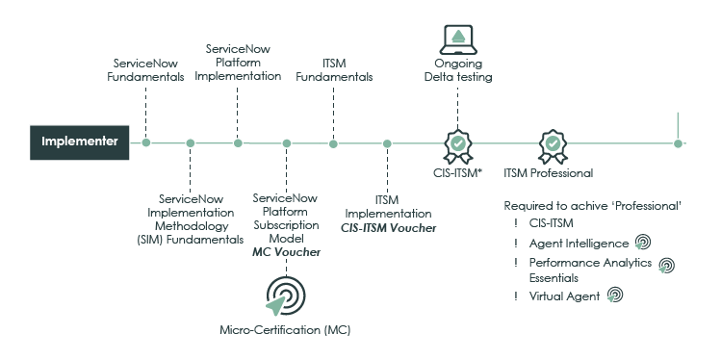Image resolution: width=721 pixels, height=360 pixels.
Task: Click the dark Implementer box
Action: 79,142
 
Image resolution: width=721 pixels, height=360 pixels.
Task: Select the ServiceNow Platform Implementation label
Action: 244,62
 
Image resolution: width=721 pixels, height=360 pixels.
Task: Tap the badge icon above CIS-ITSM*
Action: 458,144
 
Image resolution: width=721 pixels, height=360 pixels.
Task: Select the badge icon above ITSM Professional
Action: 552,144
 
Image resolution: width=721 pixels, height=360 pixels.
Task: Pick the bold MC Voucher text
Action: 286,252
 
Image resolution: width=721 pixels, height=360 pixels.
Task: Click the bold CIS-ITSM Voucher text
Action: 388,228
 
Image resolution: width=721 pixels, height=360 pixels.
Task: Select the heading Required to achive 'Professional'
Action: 593,206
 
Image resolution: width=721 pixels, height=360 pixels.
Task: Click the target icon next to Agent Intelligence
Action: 643,244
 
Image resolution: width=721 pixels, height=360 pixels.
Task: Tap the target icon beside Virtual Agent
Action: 613,296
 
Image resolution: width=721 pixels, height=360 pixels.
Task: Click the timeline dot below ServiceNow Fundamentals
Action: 146,143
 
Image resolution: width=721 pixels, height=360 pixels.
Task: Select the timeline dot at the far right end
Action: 679,143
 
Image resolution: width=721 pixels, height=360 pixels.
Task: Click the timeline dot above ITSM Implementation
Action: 387,143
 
